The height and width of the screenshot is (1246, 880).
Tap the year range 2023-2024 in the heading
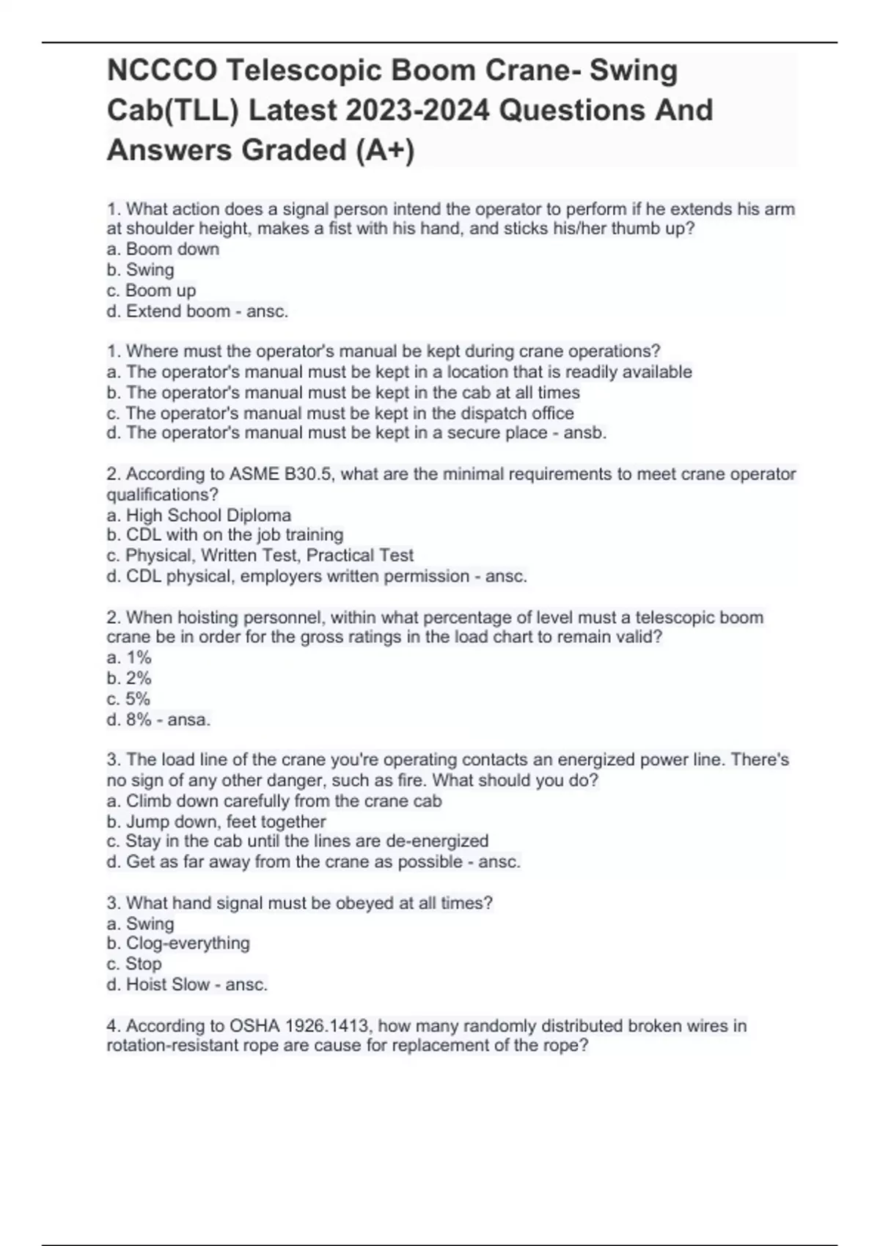pos(417,111)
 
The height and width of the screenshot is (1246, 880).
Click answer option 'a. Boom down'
pos(163,249)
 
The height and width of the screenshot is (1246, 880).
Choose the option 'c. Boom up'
pos(151,290)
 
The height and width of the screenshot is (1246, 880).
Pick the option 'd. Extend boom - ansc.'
pos(197,311)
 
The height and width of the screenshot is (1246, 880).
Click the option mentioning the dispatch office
pos(340,413)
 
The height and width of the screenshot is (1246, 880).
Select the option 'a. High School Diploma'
pos(199,515)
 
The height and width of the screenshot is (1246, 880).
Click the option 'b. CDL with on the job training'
pos(224,535)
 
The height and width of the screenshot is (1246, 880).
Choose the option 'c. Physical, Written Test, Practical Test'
pos(260,556)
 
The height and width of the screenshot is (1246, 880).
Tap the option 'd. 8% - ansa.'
pos(158,720)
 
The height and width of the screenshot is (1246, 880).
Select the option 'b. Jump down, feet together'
pos(216,822)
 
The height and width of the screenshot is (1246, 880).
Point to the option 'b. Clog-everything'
pos(177,943)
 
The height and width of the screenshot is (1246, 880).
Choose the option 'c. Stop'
pos(134,964)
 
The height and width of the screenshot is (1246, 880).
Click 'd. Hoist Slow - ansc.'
pos(187,984)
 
